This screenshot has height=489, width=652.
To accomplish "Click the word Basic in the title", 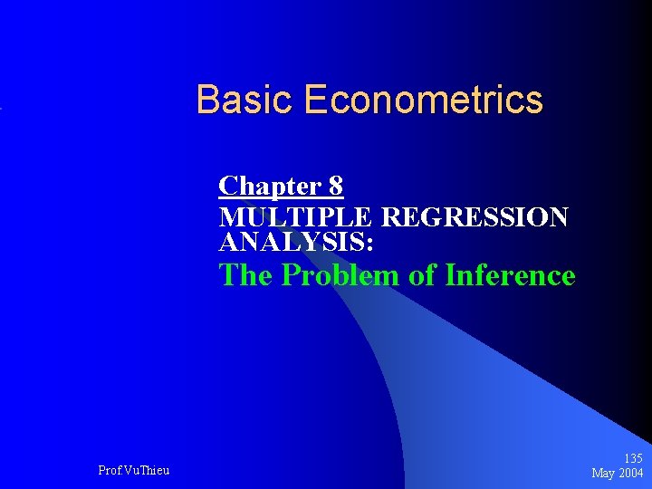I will pos(245,100).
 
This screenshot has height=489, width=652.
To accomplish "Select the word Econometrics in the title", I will pos(424,100).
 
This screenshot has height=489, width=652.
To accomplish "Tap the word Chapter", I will pos(268,187).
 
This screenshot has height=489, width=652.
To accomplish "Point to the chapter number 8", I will pos(336,187).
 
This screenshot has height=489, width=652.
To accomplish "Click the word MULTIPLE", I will pos(296,218).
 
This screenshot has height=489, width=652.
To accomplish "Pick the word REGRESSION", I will pos(475,218).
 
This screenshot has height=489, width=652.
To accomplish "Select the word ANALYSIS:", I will pos(297,242).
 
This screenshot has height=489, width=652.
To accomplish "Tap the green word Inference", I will pos(510,274).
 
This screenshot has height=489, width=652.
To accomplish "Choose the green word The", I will pos(247,274).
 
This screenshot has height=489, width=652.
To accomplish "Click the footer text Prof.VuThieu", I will pos(133,470).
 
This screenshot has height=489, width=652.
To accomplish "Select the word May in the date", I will pos(604,473).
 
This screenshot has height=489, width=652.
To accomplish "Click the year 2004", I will pos(631,473).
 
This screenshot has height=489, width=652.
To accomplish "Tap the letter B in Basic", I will pos(207,100).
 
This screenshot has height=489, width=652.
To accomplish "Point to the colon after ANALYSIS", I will pos(371,244).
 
